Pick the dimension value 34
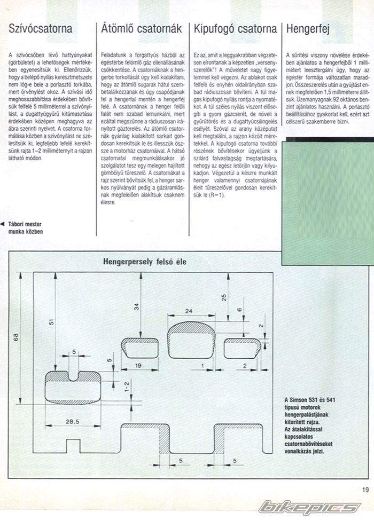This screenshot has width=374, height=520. (136, 306)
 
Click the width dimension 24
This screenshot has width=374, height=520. (189, 310)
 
